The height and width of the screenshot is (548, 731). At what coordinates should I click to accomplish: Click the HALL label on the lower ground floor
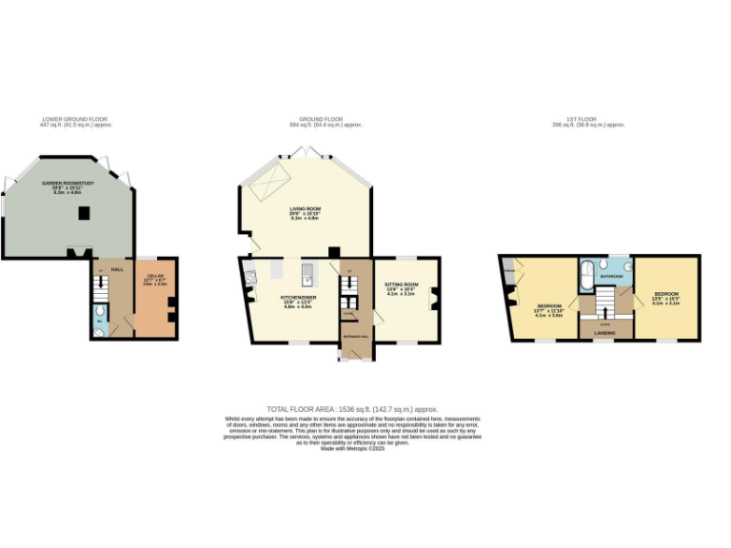coord(117,269)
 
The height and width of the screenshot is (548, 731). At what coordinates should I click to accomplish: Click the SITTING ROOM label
coord(402,284)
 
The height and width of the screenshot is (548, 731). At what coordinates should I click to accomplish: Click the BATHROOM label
coord(612,276)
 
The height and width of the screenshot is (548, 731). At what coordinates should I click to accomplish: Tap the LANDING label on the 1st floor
coord(604,333)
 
